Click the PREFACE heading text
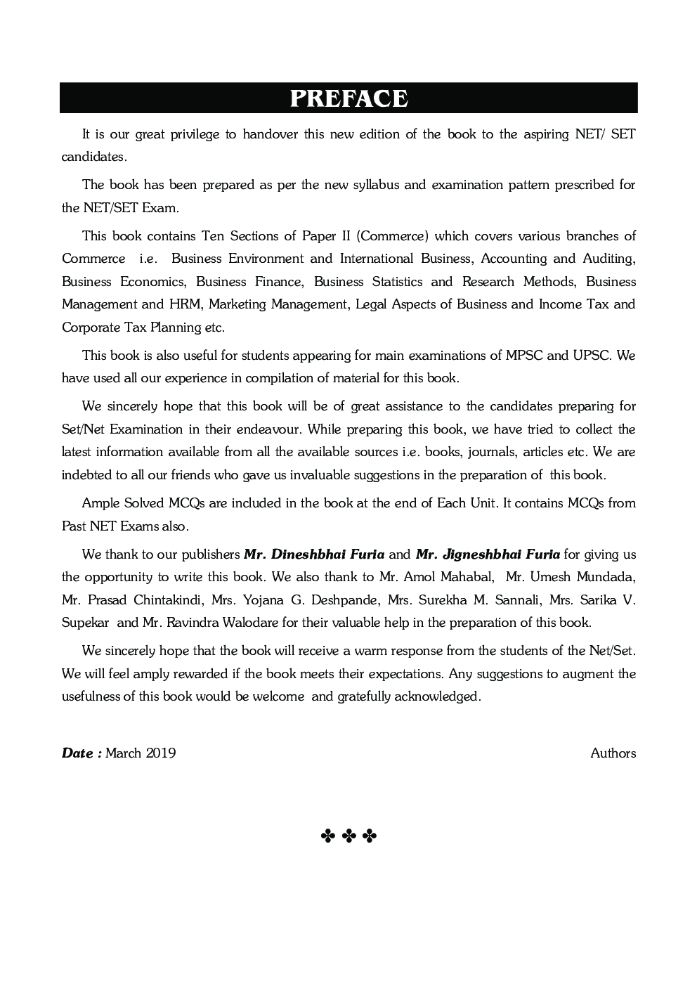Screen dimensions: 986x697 [x=348, y=98]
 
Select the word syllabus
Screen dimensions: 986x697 [x=377, y=185]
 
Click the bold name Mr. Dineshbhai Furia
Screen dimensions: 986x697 [x=314, y=554]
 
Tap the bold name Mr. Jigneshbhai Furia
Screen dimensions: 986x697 [x=488, y=554]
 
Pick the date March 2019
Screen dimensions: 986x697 [x=141, y=753]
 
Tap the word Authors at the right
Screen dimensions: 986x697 [x=613, y=753]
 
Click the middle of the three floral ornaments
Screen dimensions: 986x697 [x=349, y=836]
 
